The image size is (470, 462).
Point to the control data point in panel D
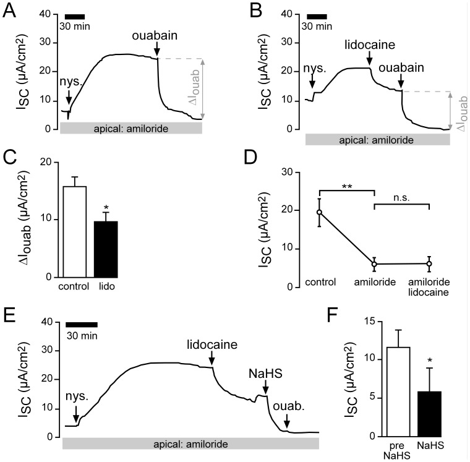point(320,212)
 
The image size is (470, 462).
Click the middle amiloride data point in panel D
point(375,264)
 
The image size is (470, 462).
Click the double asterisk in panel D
point(346,184)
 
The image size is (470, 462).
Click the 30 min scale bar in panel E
point(82,323)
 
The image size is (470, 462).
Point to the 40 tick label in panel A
point(43,14)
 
